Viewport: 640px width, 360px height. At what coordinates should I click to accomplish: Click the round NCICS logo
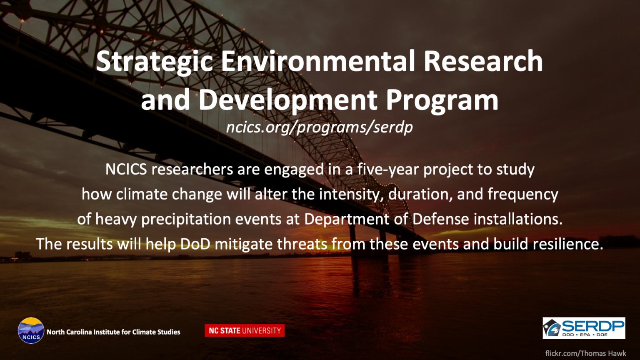pyautogui.click(x=31, y=330)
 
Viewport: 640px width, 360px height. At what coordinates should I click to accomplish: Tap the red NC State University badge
pyautogui.click(x=245, y=330)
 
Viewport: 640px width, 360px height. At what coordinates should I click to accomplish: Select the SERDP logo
pyautogui.click(x=584, y=328)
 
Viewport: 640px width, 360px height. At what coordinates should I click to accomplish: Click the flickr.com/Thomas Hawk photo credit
pyautogui.click(x=586, y=353)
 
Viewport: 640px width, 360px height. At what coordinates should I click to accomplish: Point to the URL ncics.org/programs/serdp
pyautogui.click(x=320, y=127)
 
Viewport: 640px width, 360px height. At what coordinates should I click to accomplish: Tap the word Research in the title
pyautogui.click(x=483, y=61)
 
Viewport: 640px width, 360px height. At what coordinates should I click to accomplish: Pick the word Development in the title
pyautogui.click(x=288, y=100)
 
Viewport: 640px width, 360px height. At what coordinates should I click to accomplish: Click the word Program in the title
pyautogui.click(x=442, y=100)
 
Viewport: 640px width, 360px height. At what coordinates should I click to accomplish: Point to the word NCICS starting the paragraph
pyautogui.click(x=126, y=169)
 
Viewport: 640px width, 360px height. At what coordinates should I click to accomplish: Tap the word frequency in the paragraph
pyautogui.click(x=523, y=195)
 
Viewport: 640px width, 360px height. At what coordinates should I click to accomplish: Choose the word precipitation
pyautogui.click(x=186, y=220)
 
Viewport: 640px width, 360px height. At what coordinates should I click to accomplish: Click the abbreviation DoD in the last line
pyautogui.click(x=195, y=244)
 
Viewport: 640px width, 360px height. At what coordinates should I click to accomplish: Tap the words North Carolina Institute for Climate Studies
pyautogui.click(x=113, y=332)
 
